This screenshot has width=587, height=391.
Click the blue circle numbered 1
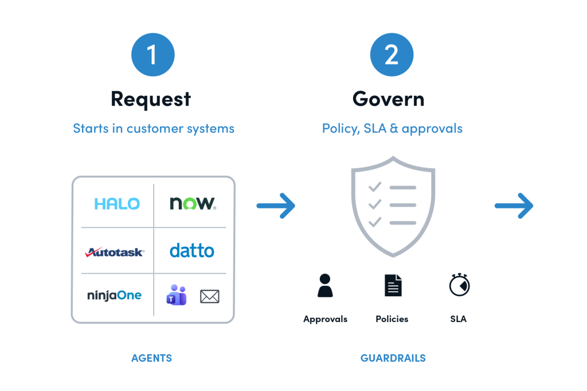pos(152,55)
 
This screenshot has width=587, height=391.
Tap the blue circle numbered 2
pos(392,55)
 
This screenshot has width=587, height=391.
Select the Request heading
pos(151,99)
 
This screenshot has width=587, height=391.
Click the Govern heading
pos(389,99)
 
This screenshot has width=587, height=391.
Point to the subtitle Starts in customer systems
pos(154,129)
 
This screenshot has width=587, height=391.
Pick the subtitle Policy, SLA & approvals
pos(392,129)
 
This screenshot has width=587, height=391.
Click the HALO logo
pos(117,204)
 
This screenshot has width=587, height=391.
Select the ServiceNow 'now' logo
pos(193,203)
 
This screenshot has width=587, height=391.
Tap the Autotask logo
pos(115,252)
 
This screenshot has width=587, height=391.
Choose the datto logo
pos(191,250)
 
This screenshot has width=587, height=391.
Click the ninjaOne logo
pos(114,296)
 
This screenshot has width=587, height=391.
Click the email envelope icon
pos(210,296)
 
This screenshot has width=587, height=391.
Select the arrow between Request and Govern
pos(276,206)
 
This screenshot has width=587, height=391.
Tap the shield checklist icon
pos(393,207)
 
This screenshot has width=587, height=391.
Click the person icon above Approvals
pos(325,286)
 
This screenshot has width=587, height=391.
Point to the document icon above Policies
pos(393,285)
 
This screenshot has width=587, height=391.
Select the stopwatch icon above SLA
pos(459,285)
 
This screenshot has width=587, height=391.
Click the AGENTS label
pos(151,358)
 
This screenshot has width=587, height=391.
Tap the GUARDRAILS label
pos(393,358)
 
